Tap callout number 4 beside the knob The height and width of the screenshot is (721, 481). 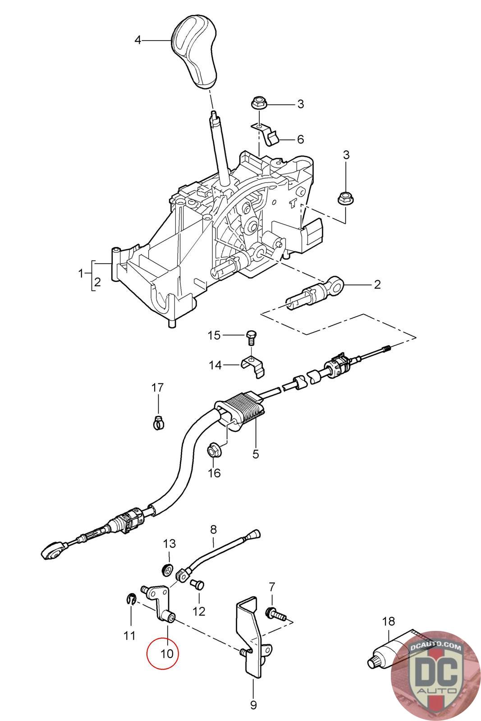click(138, 41)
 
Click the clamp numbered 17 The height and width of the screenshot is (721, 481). click(158, 422)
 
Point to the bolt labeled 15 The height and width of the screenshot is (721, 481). click(251, 336)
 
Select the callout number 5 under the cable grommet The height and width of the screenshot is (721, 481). click(256, 454)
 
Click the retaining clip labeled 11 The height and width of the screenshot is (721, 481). click(130, 600)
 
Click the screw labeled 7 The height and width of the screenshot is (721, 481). click(275, 613)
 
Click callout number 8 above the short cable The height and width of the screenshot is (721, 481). click(213, 528)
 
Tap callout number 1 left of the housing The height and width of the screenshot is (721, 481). click(81, 273)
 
